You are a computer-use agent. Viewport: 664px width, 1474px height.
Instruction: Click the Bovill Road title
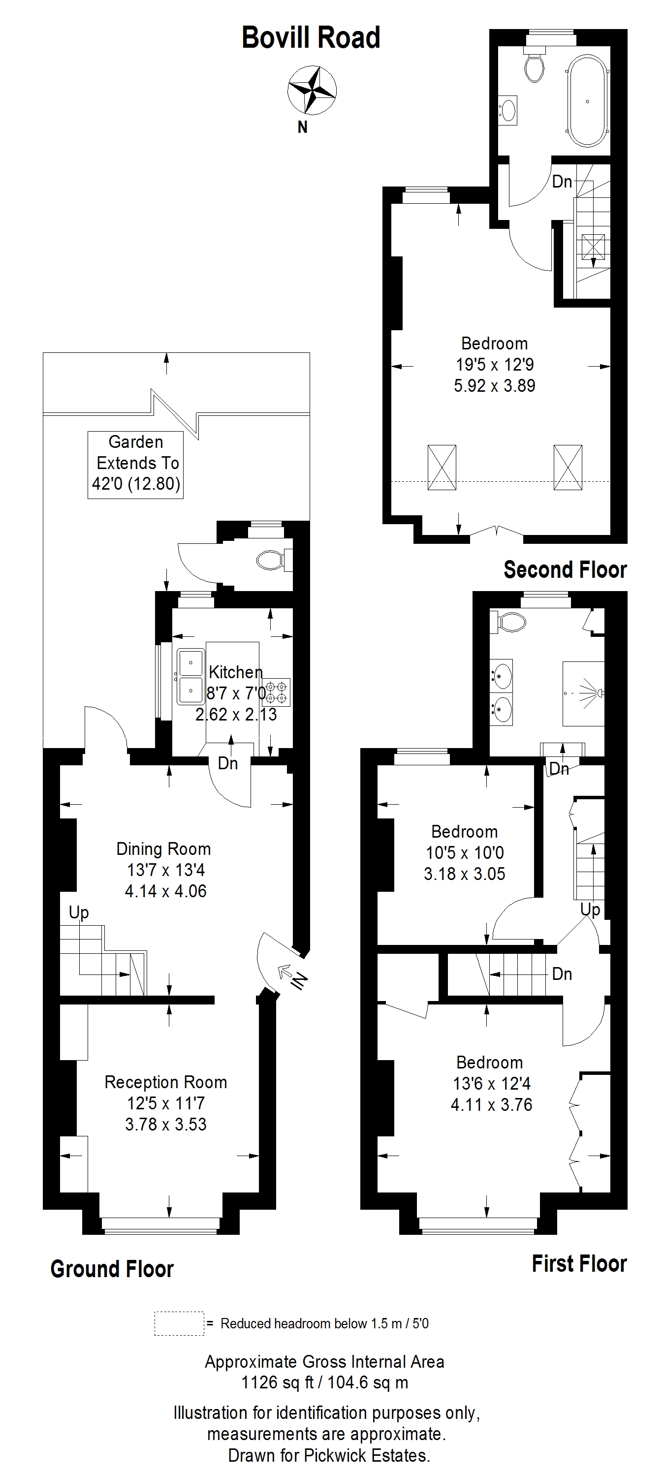pos(311,38)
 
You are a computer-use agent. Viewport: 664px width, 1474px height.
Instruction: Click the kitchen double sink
pos(190,677)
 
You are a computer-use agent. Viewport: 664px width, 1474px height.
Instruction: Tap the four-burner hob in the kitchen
pos(276,691)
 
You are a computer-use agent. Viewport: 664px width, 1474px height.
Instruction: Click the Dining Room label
pos(164,848)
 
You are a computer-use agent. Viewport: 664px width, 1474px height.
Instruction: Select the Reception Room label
pos(166,1082)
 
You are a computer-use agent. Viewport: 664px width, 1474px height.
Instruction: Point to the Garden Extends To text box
pos(136,465)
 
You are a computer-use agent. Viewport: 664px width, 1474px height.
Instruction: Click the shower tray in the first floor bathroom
pos(583,693)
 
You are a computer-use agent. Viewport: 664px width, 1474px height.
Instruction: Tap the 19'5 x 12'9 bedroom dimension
pos(495,365)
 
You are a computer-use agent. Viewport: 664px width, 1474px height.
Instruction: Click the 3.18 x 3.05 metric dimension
pos(464,874)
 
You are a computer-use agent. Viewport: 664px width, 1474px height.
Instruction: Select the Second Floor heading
pos(565,570)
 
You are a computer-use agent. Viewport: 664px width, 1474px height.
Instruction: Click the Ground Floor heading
pos(112,1269)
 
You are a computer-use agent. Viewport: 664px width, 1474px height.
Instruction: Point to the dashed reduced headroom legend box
pos(179,1323)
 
